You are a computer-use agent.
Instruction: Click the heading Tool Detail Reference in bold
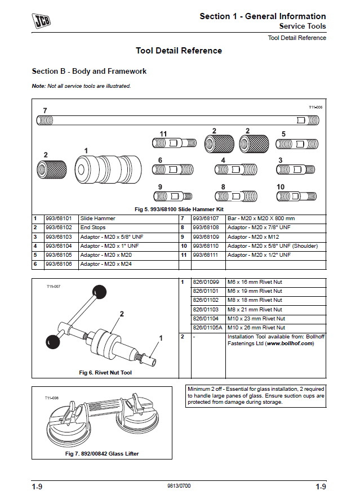pos(179,51)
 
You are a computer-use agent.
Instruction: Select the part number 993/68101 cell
pos(59,218)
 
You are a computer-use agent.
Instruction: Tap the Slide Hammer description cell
pos(97,218)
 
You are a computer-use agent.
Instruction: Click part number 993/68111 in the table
pos(206,255)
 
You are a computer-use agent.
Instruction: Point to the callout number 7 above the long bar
pos(45,110)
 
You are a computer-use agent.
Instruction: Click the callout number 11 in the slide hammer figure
pos(163,133)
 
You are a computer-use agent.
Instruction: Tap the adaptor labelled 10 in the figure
pos(296,196)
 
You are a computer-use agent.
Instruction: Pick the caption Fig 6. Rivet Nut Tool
pos(105,372)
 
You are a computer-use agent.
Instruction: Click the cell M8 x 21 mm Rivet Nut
pos(254,309)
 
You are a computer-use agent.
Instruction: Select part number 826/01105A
pos(208,327)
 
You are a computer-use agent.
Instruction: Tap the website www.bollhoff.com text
pos(289,343)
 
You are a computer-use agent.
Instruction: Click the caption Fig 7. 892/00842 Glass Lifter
pos(102,453)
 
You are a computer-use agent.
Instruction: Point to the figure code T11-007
pos(53,286)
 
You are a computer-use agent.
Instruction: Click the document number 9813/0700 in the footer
pos(179,485)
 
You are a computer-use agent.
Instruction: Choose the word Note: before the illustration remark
pos(38,86)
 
